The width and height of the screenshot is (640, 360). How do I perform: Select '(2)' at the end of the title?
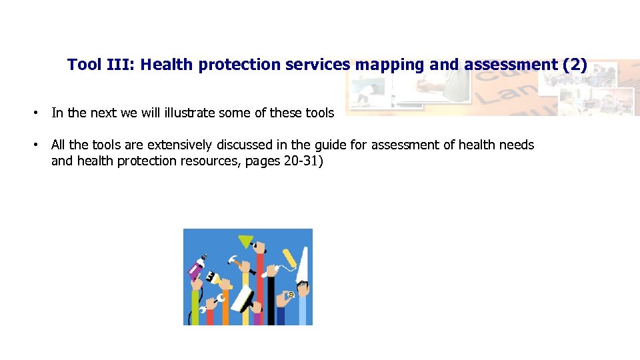click(575, 65)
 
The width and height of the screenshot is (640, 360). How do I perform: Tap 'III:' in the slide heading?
click(120, 65)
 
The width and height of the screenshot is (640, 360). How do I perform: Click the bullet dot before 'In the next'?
click(37, 113)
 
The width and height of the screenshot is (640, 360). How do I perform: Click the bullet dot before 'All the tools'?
click(37, 145)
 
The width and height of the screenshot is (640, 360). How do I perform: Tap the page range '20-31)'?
click(302, 161)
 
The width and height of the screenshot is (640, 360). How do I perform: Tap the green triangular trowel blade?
click(246, 241)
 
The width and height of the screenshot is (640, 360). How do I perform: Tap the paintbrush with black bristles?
click(212, 276)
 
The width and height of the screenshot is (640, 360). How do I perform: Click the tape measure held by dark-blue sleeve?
click(291, 293)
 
